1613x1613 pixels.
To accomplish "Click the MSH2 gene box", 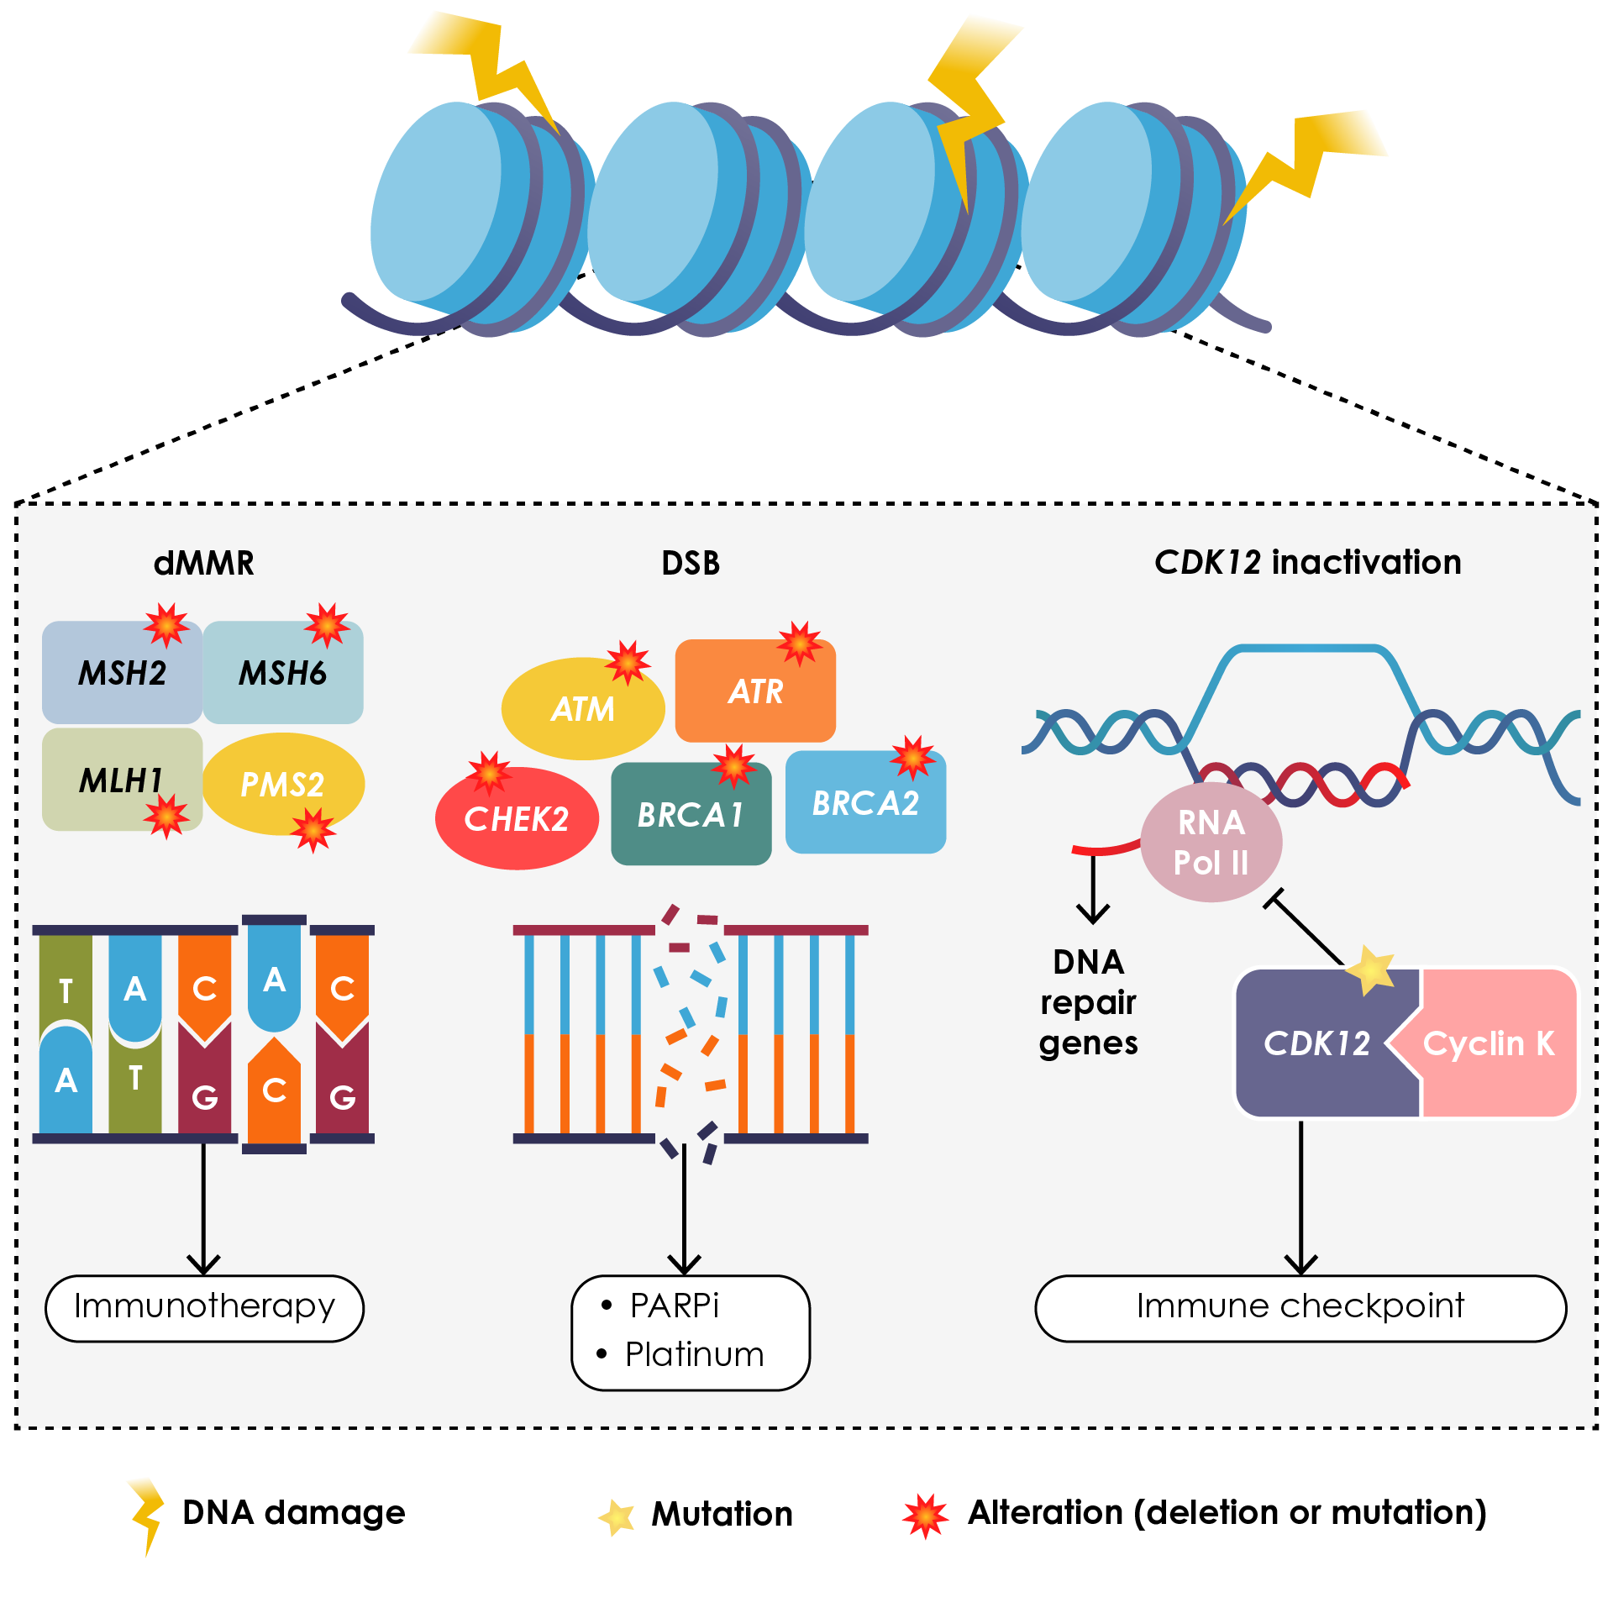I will (x=122, y=673).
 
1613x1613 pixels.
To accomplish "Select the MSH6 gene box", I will (x=283, y=673).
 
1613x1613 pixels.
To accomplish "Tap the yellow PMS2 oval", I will (x=283, y=784).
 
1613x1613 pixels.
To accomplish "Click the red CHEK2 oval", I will (x=516, y=818).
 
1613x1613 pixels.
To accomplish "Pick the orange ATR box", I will (x=754, y=691).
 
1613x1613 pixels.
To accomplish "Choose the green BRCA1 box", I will (x=690, y=814).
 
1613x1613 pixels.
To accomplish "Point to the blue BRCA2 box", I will (x=865, y=803).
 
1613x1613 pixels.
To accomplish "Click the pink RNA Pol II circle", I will (x=1211, y=843).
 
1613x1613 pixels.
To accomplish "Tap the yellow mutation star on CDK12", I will (x=1370, y=970).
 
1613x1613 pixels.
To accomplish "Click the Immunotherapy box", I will (x=204, y=1307).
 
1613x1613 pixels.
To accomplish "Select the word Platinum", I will (x=694, y=1354).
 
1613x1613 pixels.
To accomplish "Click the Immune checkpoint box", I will (x=1300, y=1307).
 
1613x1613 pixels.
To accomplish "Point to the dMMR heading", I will (x=203, y=563).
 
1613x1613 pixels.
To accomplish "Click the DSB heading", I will (x=691, y=563).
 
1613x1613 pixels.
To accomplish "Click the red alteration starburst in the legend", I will (x=925, y=1515).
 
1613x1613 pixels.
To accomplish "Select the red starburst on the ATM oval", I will (x=628, y=662).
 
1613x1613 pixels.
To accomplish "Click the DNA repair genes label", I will (x=1088, y=1002).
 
